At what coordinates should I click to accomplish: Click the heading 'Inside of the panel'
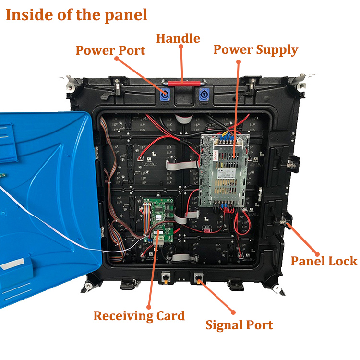coord(76,15)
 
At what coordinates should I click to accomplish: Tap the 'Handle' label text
coord(178,38)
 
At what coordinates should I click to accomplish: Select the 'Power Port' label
coord(110,50)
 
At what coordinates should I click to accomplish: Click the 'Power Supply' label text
coord(255,49)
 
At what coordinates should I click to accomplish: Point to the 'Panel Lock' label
coord(324,261)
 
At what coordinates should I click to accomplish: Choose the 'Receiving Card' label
coord(139,316)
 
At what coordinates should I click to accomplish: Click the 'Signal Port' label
coord(239,325)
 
